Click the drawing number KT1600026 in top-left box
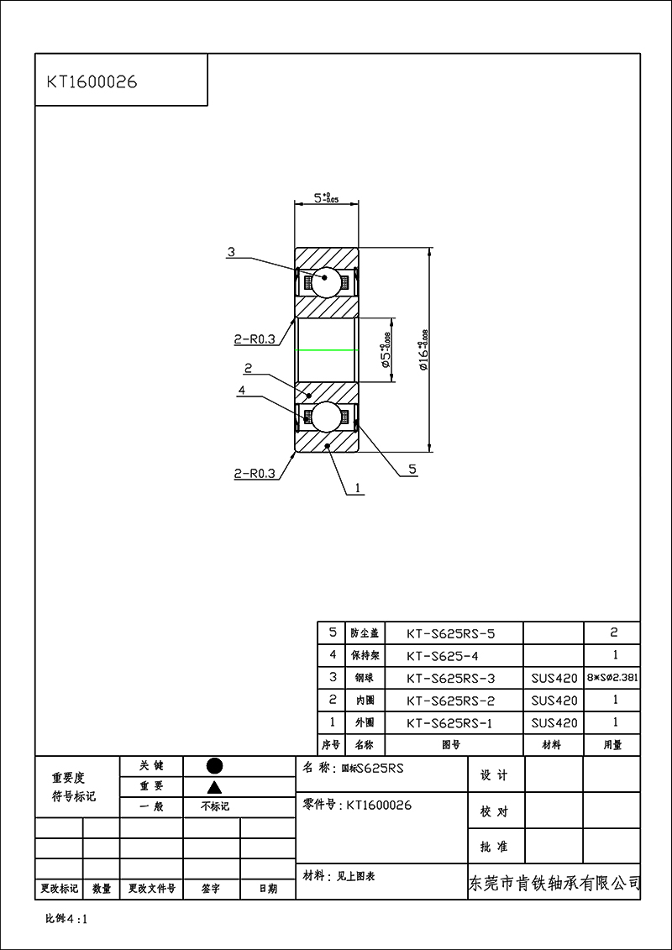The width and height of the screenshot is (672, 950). point(92,82)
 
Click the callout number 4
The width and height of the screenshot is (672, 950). point(241,391)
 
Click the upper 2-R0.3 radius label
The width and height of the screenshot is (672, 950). point(255,340)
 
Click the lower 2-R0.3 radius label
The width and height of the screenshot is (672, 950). point(255,474)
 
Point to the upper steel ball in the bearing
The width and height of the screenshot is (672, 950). point(327,281)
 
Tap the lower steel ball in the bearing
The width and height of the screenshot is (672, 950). point(327,416)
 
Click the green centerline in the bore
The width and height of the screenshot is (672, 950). point(327,349)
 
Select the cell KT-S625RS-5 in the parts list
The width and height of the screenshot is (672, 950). point(451,633)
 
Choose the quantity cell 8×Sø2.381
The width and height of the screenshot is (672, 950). point(612,678)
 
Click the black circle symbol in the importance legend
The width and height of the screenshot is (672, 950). point(214,766)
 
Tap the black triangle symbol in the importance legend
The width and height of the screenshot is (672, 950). point(214,787)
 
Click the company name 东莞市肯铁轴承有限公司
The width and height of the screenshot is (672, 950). point(554,884)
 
